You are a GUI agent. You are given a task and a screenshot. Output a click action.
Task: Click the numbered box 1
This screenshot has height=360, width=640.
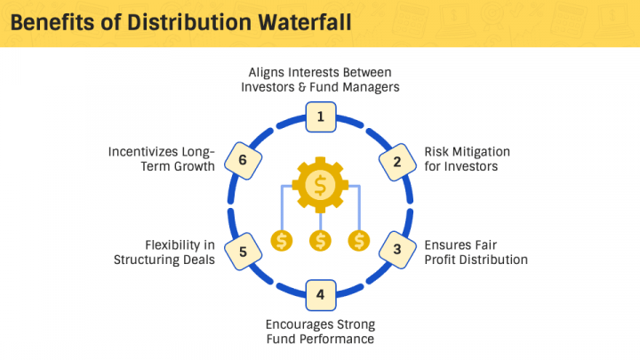pyautogui.click(x=320, y=116)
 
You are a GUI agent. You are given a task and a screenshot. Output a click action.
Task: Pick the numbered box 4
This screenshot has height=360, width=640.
pyautogui.click(x=320, y=292)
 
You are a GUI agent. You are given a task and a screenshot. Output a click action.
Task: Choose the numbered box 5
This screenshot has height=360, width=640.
pyautogui.click(x=243, y=250)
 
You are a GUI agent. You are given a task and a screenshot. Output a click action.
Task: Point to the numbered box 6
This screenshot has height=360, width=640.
pyautogui.click(x=243, y=160)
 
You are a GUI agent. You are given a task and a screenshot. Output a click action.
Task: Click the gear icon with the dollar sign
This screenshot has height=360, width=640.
pyautogui.click(x=320, y=184)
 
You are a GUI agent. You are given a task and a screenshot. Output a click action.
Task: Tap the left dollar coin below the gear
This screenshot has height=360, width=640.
pyautogui.click(x=282, y=240)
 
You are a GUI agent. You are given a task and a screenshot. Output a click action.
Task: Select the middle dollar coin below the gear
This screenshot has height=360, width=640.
pyautogui.click(x=320, y=240)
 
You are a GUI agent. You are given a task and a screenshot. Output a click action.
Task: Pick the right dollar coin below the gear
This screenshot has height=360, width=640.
pyautogui.click(x=358, y=240)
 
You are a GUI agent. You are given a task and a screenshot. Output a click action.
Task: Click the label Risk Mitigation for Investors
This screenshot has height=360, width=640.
pyautogui.click(x=467, y=158)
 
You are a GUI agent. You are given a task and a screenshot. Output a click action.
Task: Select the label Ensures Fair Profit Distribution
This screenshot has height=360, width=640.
pyautogui.click(x=476, y=252)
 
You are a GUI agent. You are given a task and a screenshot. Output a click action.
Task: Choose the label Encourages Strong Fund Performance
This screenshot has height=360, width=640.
pyautogui.click(x=320, y=331)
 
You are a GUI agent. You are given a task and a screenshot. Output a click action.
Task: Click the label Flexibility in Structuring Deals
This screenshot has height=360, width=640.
pyautogui.click(x=164, y=252)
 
